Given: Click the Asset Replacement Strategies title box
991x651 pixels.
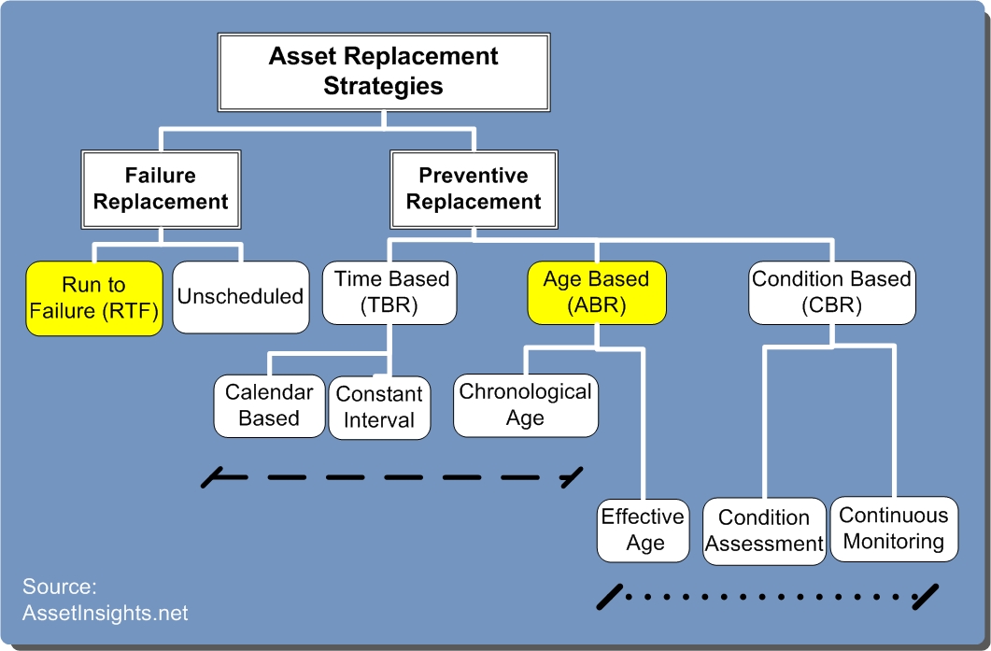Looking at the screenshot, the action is coord(384,72).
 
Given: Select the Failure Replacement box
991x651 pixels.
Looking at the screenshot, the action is coord(161,189).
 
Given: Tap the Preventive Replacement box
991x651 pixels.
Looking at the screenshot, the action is coord(474,189).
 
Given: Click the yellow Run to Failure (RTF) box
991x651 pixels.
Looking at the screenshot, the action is coord(94,298).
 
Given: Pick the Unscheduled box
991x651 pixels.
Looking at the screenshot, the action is coord(241,297).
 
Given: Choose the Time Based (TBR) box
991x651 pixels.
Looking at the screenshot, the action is coord(389,292).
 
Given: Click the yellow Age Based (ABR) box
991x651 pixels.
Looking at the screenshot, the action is coord(597,292).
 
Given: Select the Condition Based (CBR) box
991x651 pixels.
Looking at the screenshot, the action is coord(831,292).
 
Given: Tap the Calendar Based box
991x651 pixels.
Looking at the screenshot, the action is coord(269,405).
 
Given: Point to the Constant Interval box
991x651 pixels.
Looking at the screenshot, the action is coord(379,407).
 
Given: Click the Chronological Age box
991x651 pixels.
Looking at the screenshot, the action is coord(526,405).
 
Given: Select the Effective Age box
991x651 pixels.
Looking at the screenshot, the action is coord(643,531).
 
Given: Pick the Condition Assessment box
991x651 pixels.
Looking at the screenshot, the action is coord(764,531).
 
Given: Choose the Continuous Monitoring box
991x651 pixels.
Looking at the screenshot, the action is coord(894,529).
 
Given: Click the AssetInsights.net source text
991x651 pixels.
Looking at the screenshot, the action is coord(106,613).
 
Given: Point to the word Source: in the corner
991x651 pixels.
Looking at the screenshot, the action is coord(60,587).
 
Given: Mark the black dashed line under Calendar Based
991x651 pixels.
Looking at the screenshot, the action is coord(392,477).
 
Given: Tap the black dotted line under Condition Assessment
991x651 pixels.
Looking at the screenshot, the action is coord(767,597).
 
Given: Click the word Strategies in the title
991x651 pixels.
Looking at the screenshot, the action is coord(383,86).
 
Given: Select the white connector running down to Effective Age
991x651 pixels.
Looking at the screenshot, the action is coord(643,423).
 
